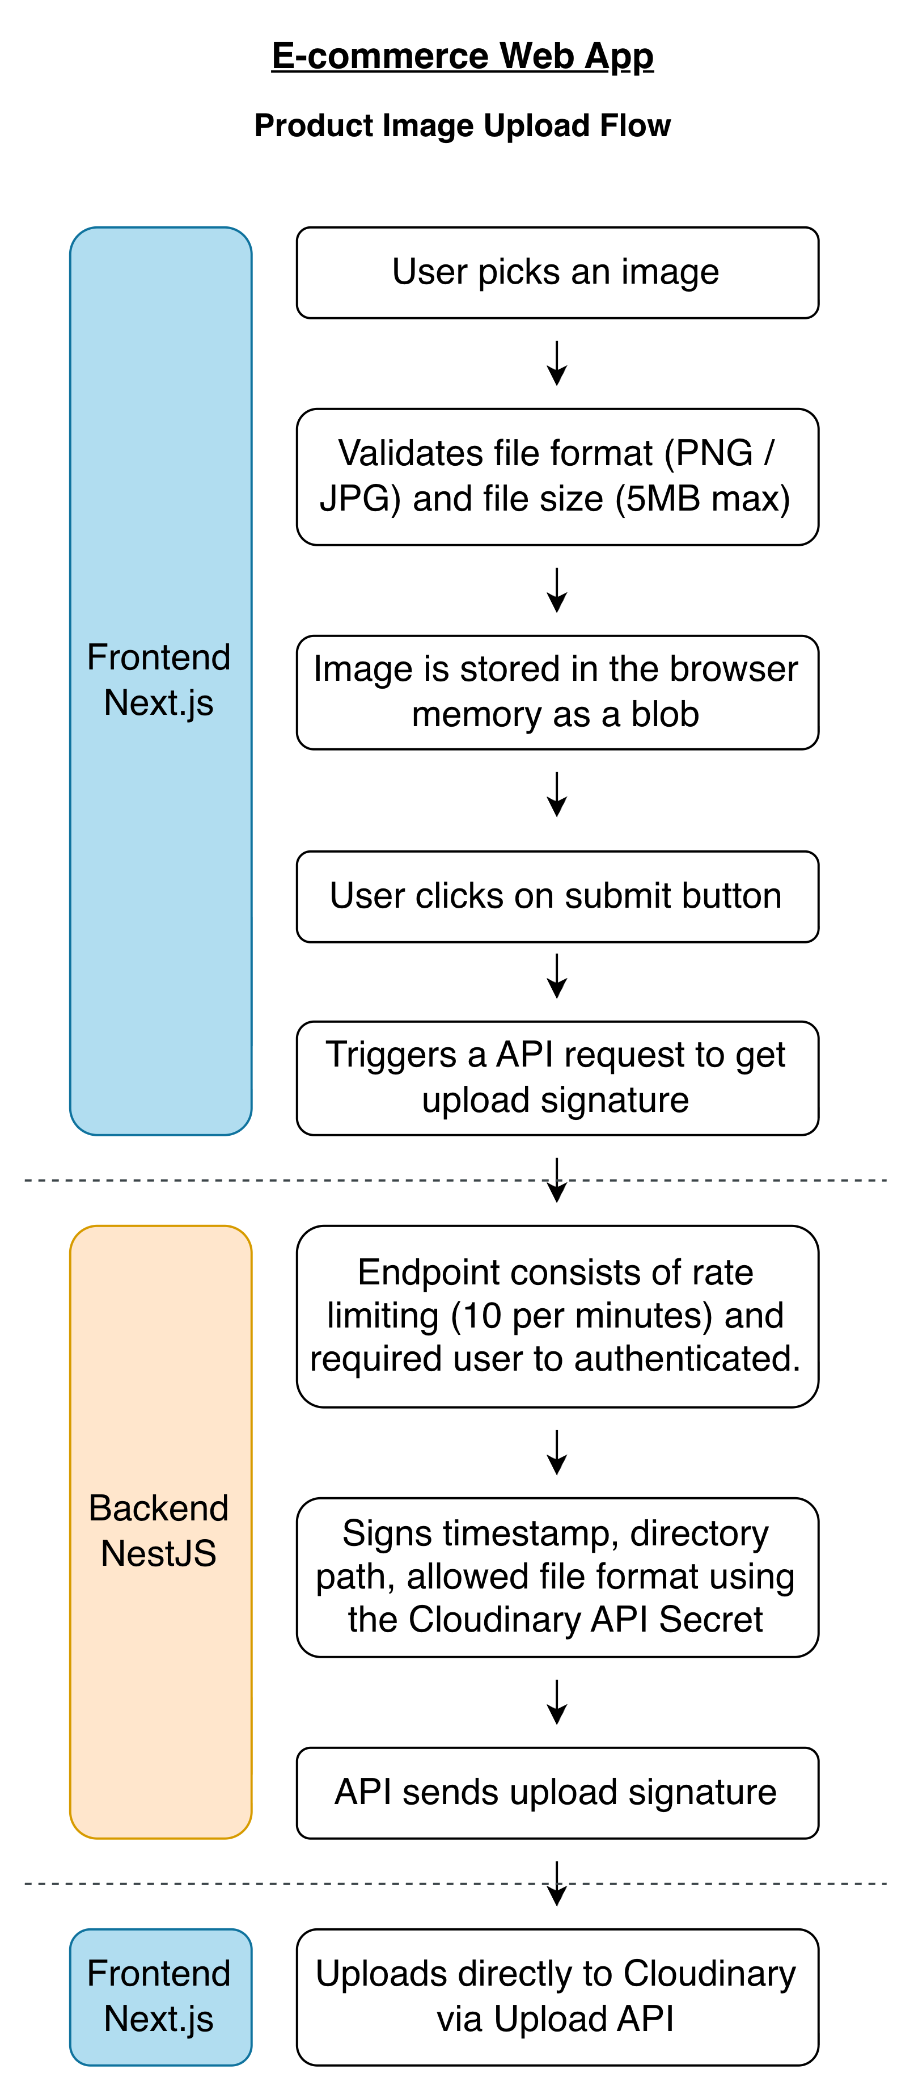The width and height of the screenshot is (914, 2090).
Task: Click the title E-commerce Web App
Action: pyautogui.click(x=462, y=56)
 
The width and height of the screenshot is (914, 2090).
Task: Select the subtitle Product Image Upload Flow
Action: pyautogui.click(x=462, y=125)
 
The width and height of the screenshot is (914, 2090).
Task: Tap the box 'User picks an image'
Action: pyautogui.click(x=557, y=273)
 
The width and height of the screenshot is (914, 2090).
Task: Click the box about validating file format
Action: pyautogui.click(x=557, y=477)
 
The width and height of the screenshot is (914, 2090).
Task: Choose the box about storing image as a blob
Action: pyautogui.click(x=557, y=692)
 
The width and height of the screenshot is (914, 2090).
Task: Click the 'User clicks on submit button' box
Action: pyautogui.click(x=557, y=896)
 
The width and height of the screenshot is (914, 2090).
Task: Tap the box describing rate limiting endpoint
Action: pyautogui.click(x=557, y=1316)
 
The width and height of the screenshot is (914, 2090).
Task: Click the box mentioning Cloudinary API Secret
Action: pyautogui.click(x=557, y=1577)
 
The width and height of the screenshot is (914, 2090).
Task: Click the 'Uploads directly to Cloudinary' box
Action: pyautogui.click(x=557, y=1997)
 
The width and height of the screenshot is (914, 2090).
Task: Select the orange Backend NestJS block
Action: pyautogui.click(x=160, y=1532)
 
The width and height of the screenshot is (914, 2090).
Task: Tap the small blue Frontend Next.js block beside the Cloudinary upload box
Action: pyautogui.click(x=160, y=1997)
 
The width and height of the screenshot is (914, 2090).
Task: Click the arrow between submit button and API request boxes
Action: pyautogui.click(x=557, y=976)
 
